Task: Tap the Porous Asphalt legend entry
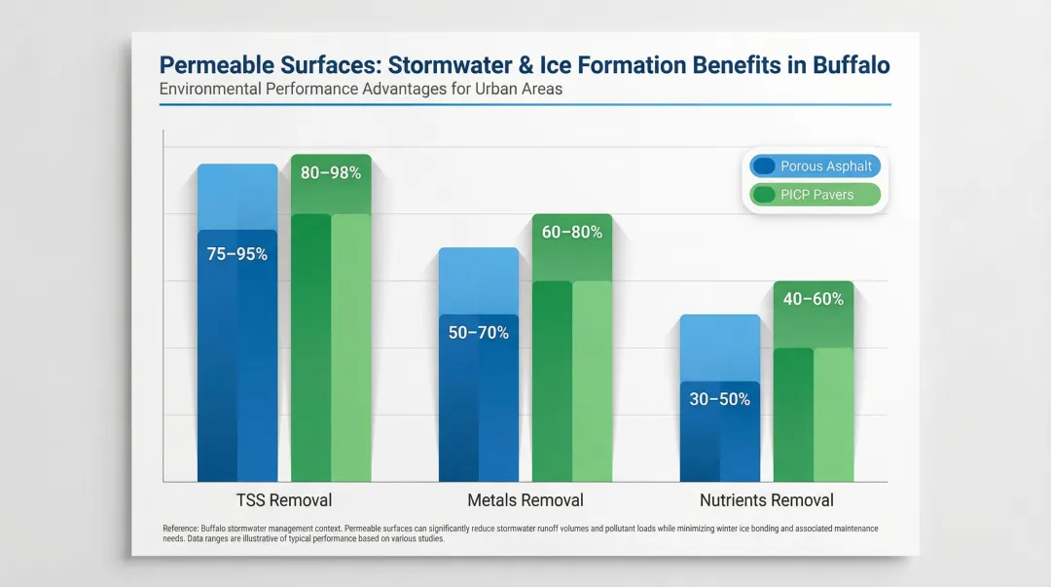[815, 165]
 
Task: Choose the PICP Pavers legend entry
[815, 195]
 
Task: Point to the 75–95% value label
[236, 254]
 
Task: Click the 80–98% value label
[331, 173]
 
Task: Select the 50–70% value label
[478, 333]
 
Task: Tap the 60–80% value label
[572, 233]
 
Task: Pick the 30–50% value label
[719, 399]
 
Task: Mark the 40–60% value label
[814, 299]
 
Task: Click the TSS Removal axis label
[284, 500]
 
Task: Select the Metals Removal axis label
[525, 500]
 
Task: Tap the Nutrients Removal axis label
[767, 500]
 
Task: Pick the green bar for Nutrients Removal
[814, 409]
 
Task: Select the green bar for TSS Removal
[331, 341]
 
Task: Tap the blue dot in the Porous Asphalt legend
[764, 165]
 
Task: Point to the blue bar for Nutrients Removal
[719, 438]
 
